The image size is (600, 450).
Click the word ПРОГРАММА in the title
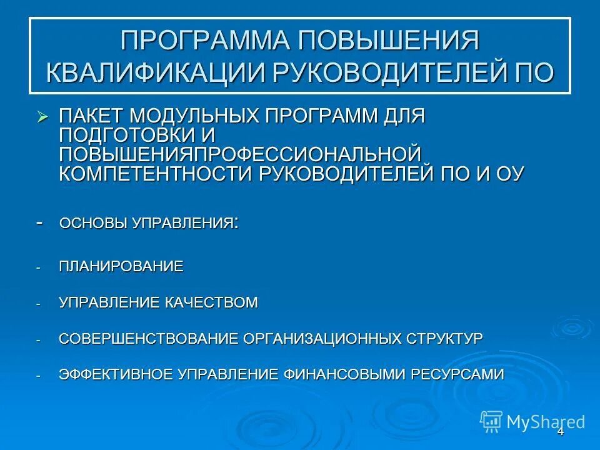click(204, 42)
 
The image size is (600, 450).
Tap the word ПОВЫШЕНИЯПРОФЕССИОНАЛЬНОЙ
click(240, 154)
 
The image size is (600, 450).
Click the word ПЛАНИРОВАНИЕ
click(121, 267)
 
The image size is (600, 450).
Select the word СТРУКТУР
click(444, 339)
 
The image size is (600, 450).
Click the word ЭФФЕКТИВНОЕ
click(116, 374)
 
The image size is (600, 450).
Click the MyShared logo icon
click(491, 421)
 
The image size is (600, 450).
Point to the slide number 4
click(561, 432)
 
